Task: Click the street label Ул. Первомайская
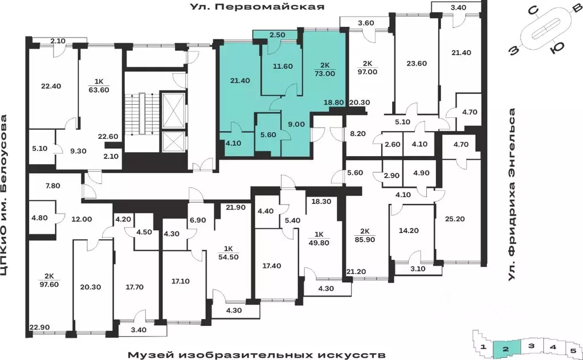(x=257, y=7)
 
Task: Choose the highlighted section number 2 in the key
(x=505, y=346)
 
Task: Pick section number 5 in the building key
(x=573, y=346)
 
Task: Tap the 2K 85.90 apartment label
(x=365, y=235)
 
